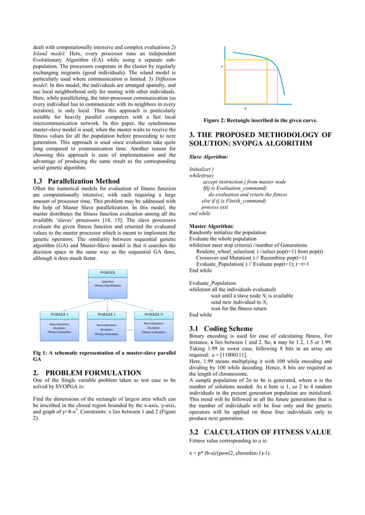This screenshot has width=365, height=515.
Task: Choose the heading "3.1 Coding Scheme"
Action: pyautogui.click(x=220, y=329)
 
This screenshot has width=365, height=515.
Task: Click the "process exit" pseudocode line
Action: pyautogui.click(x=215, y=207)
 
